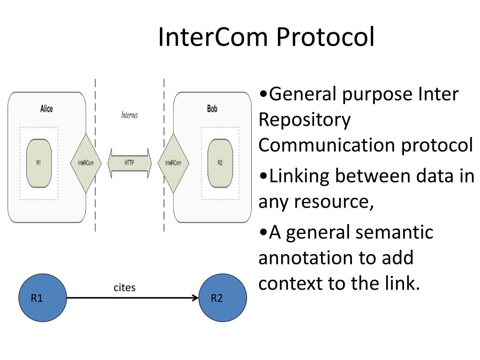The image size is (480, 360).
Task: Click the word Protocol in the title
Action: click(325, 37)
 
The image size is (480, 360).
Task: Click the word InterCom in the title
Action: click(213, 37)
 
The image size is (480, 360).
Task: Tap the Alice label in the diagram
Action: click(46, 109)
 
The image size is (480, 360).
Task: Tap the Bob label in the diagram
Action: click(212, 109)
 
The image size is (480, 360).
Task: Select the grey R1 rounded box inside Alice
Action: click(39, 163)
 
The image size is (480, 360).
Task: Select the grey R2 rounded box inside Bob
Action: click(220, 163)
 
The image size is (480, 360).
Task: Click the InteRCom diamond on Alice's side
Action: click(86, 163)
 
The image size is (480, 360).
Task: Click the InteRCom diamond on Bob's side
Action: click(173, 163)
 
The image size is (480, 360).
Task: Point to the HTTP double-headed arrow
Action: click(129, 163)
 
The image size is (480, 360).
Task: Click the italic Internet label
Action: click(129, 115)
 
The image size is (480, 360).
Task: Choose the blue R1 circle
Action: click(43, 298)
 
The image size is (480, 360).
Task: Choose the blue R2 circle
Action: click(223, 298)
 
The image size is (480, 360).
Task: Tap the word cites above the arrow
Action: click(125, 287)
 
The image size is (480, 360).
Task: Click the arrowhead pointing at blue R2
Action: click(195, 298)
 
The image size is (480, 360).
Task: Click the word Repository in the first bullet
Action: click(305, 120)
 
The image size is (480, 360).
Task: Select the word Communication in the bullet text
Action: click(327, 145)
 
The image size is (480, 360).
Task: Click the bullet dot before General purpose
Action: click(263, 94)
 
